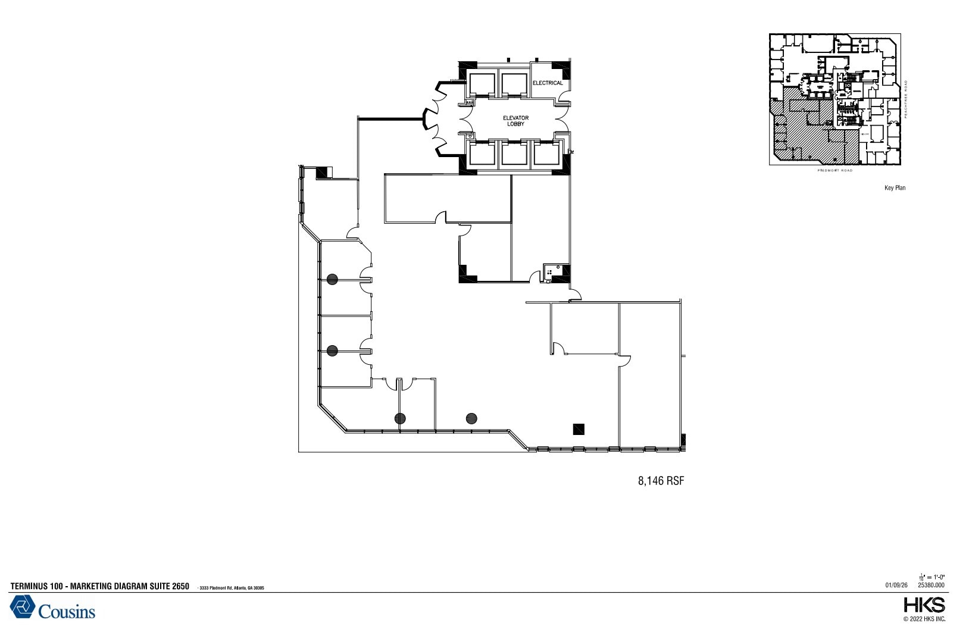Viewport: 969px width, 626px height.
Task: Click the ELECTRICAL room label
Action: point(547,83)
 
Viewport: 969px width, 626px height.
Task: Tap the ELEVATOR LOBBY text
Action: point(515,121)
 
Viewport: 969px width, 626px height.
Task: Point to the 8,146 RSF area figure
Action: point(661,481)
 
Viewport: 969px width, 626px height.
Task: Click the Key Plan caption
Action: point(895,188)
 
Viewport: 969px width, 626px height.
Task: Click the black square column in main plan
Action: point(578,428)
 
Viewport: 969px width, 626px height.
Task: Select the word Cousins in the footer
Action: point(67,611)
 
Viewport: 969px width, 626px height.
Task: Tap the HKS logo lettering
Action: point(924,606)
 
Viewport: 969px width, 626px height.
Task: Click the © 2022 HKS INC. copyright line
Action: point(924,619)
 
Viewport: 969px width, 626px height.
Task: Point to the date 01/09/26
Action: point(896,585)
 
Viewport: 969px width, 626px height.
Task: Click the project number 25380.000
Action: point(931,585)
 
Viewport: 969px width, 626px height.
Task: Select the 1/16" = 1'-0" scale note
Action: point(932,577)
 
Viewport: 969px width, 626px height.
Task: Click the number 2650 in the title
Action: point(180,587)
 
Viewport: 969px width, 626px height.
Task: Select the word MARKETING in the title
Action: point(90,587)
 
